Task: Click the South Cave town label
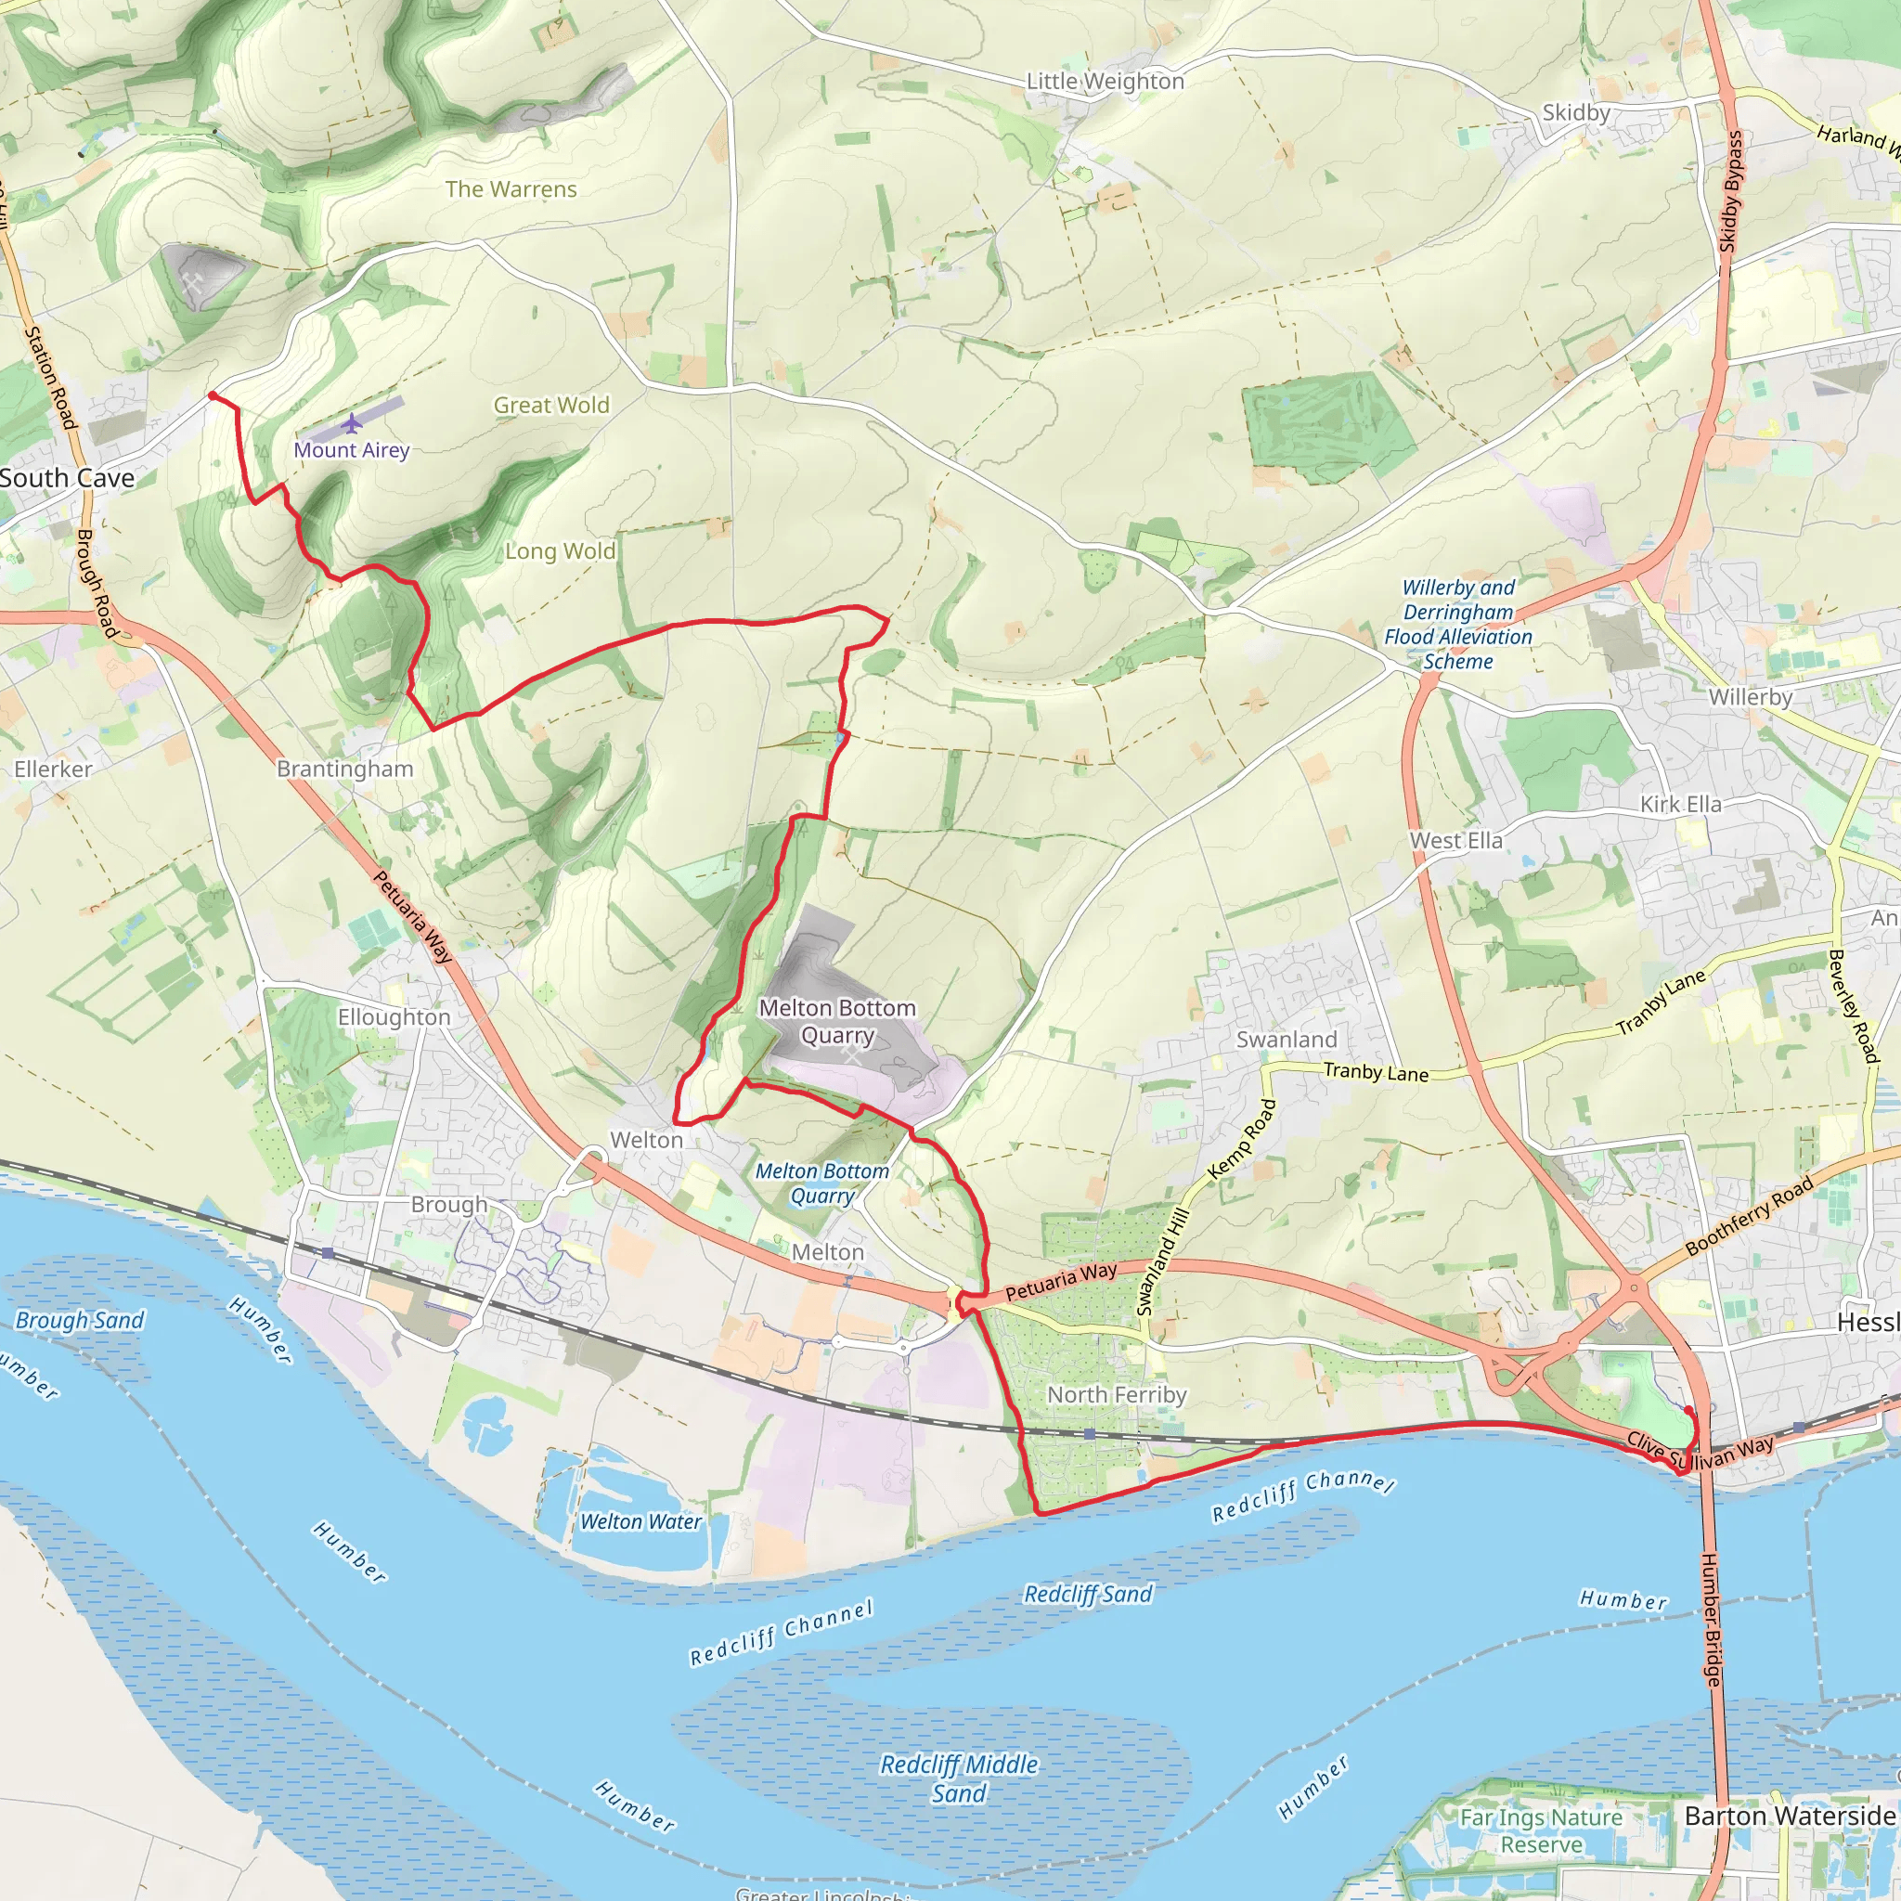click(x=67, y=478)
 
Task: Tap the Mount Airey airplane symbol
click(x=352, y=424)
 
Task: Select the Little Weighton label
click(x=1105, y=82)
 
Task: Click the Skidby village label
click(x=1575, y=113)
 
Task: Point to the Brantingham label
click(x=344, y=769)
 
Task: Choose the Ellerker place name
click(x=53, y=769)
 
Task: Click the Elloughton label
click(x=394, y=1016)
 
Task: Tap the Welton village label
click(x=645, y=1140)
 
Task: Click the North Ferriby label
click(x=1116, y=1394)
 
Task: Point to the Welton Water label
click(x=640, y=1521)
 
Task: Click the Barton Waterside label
click(x=1789, y=1816)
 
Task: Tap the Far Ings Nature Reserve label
click(x=1541, y=1830)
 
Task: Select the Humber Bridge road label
click(x=1713, y=1620)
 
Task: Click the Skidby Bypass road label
click(x=1732, y=191)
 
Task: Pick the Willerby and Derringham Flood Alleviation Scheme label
click(x=1457, y=624)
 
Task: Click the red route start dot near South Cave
click(x=213, y=395)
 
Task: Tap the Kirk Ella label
click(x=1681, y=804)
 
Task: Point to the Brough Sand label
click(x=80, y=1321)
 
